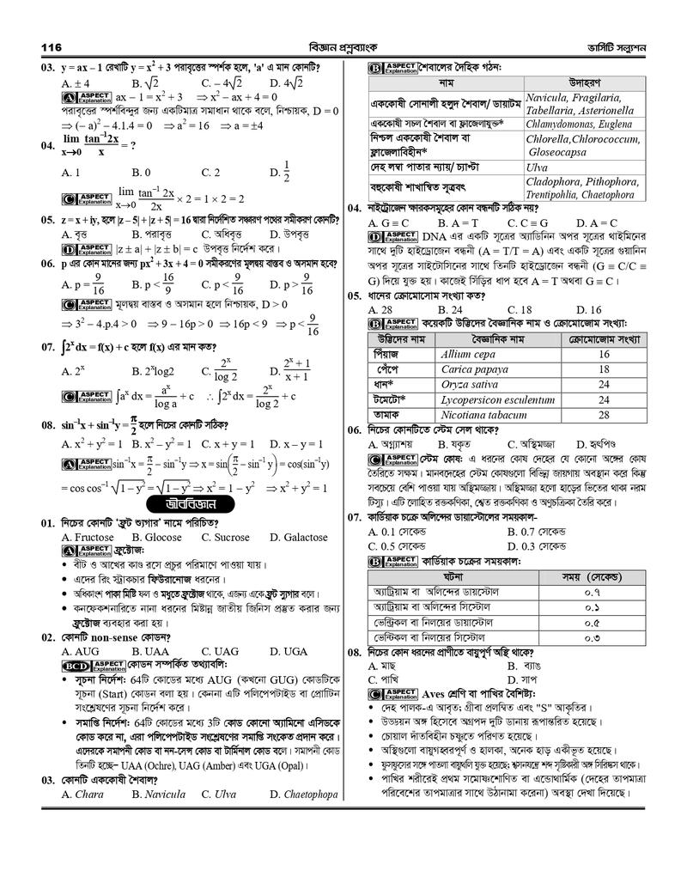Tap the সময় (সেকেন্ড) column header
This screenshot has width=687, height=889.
[x=592, y=575]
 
